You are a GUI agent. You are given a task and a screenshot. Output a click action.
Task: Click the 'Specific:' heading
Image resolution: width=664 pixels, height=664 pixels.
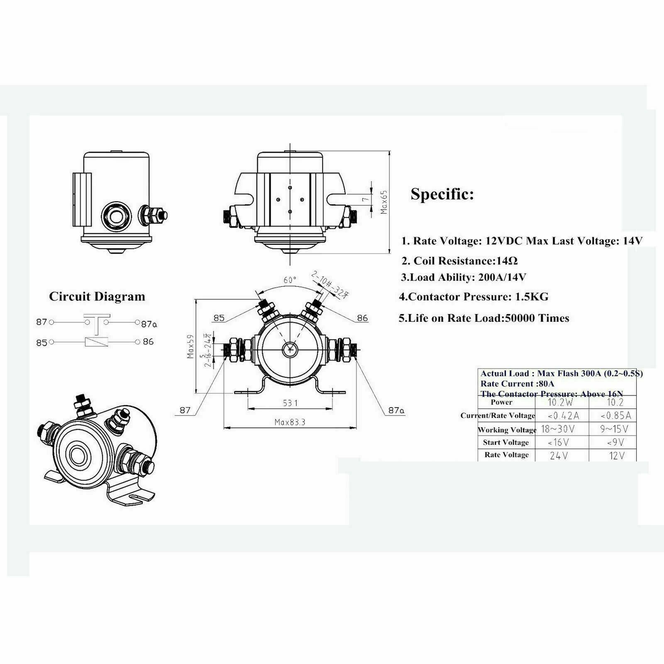[x=442, y=194]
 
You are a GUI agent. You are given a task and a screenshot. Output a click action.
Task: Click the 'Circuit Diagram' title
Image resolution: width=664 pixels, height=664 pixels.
[x=97, y=296]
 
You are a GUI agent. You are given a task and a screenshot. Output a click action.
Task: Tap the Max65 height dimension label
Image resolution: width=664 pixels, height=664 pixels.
[x=384, y=202]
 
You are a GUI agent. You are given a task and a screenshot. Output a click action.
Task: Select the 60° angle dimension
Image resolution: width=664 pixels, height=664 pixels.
[x=290, y=280]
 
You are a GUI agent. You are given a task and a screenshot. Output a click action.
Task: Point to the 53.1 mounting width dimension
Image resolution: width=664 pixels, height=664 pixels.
[x=290, y=403]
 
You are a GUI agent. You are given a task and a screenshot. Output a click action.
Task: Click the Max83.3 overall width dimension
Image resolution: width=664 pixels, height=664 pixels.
[x=290, y=422]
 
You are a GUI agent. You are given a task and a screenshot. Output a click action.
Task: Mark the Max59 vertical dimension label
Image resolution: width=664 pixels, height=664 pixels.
[x=190, y=346]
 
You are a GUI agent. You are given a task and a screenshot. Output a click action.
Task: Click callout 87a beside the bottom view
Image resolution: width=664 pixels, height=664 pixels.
[x=396, y=410]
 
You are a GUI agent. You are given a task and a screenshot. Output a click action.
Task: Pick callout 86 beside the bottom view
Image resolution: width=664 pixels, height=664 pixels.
[x=362, y=318]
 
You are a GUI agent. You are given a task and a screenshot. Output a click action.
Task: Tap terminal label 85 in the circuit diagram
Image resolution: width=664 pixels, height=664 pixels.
[x=41, y=343]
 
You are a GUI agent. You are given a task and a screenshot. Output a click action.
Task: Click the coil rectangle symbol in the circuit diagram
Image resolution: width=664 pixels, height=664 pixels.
[x=97, y=342]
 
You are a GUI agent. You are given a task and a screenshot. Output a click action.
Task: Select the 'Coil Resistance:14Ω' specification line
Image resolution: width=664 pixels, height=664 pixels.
[x=459, y=261]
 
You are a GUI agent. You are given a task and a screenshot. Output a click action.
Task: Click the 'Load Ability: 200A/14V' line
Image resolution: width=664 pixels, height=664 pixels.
[x=464, y=277]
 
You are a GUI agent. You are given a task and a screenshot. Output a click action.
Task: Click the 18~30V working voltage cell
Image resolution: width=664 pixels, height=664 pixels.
[x=558, y=429]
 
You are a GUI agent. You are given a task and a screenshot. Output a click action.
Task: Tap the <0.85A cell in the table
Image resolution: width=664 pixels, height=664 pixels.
[x=616, y=415]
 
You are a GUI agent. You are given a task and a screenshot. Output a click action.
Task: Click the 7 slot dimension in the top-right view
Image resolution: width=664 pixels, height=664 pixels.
[x=365, y=200]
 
